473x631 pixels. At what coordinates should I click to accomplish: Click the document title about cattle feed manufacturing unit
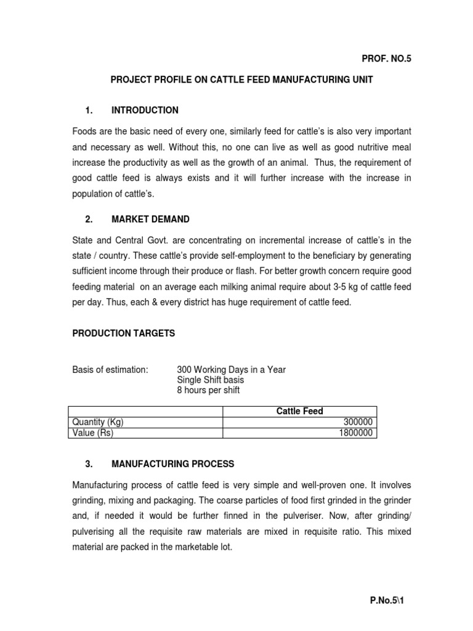point(241,81)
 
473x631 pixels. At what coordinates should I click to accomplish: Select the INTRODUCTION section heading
point(145,110)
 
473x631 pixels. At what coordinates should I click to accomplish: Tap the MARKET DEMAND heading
point(150,219)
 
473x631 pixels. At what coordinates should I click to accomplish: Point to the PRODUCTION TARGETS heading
point(124,333)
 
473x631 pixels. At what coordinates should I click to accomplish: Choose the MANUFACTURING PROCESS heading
point(172,464)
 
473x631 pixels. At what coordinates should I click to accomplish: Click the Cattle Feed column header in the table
point(299,411)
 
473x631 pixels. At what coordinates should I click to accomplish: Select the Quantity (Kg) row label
point(98,422)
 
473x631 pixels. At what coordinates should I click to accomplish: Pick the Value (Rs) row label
point(93,433)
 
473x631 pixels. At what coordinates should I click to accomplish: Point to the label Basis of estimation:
point(110,370)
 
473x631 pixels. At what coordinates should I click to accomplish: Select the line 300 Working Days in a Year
point(231,370)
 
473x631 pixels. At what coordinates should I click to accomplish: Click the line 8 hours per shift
point(208,390)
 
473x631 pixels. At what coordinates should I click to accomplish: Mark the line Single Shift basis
point(211,380)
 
